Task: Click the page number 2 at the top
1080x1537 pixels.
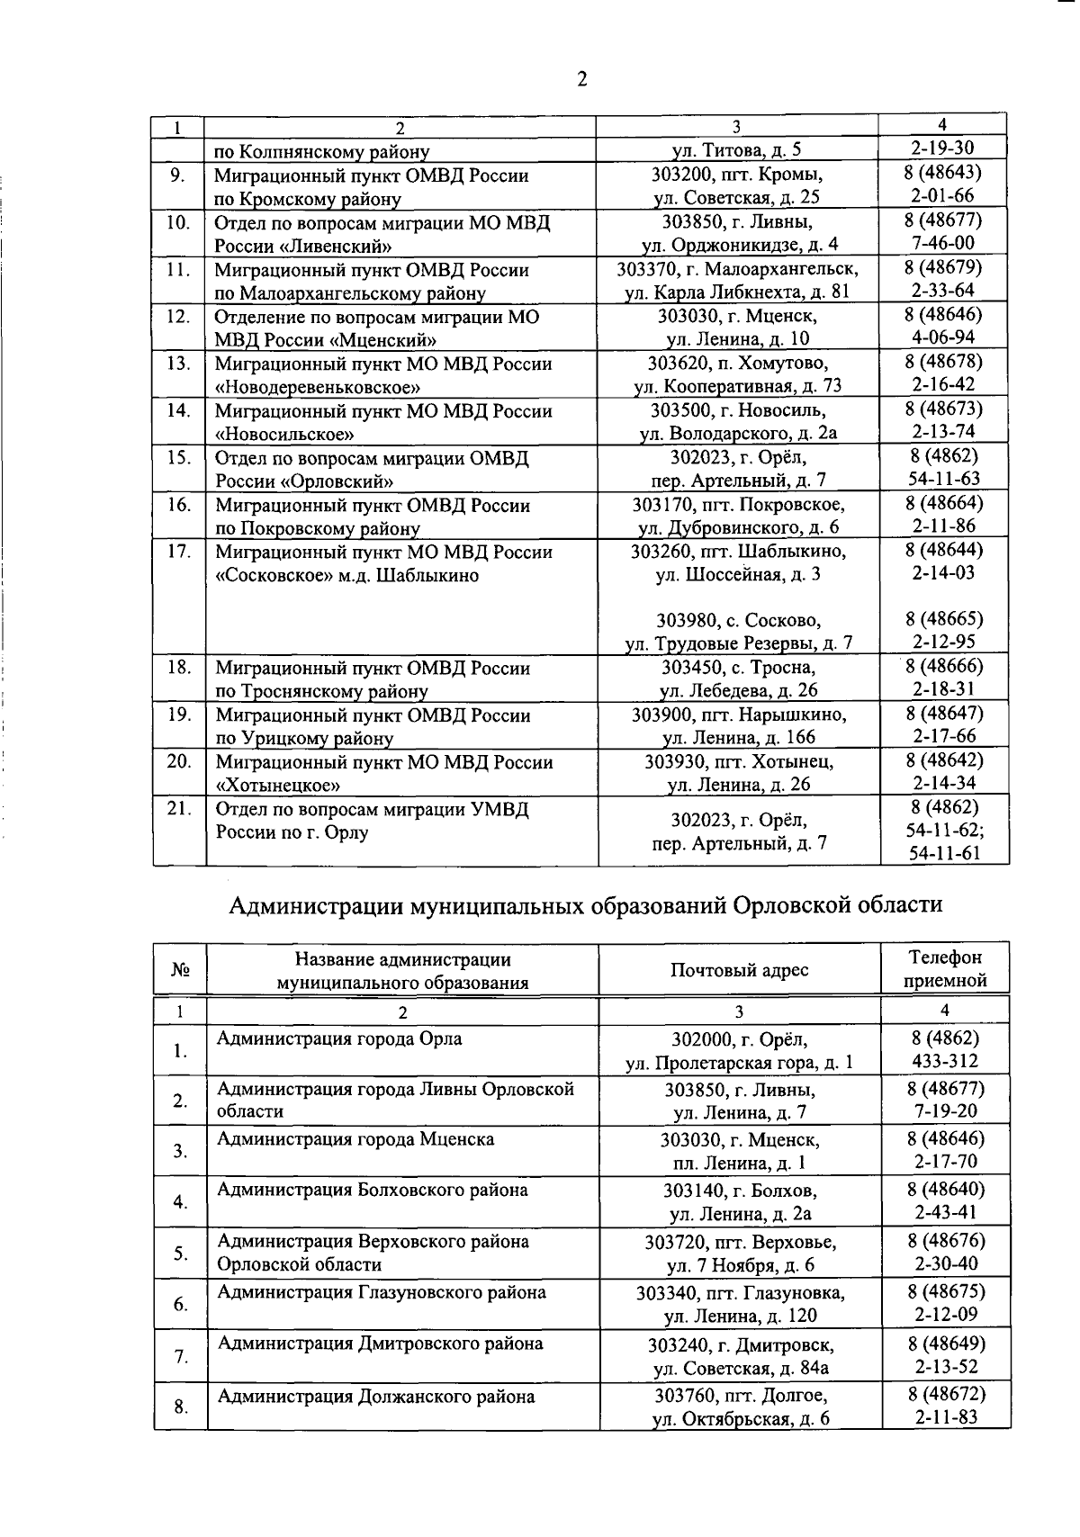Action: click(x=581, y=80)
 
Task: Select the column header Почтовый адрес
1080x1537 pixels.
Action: click(x=739, y=969)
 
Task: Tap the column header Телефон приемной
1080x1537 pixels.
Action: click(x=945, y=969)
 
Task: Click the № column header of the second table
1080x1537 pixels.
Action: click(x=180, y=970)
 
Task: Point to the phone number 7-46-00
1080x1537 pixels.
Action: click(x=943, y=243)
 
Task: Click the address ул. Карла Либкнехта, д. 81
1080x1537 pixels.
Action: click(x=737, y=292)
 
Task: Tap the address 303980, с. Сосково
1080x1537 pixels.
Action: click(x=737, y=620)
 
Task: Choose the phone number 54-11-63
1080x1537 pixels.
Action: click(x=944, y=479)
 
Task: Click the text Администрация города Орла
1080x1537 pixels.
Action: click(x=339, y=1038)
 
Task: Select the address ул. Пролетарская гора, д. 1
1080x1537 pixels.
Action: click(x=739, y=1063)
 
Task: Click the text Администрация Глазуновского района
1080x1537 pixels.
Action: click(x=381, y=1292)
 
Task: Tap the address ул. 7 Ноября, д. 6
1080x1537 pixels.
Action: click(x=740, y=1265)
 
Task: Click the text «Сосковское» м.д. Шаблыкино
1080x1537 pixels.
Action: click(x=346, y=575)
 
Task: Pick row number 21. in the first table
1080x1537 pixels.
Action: click(x=179, y=809)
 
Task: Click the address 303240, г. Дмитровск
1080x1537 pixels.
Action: click(x=740, y=1345)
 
